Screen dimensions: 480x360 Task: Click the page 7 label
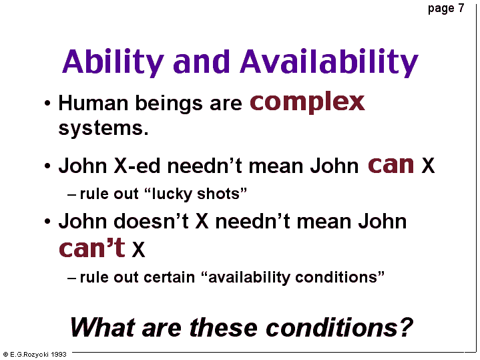(446, 9)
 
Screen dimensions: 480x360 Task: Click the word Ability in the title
(113, 63)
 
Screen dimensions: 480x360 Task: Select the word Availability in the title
(329, 63)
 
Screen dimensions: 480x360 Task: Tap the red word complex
(307, 103)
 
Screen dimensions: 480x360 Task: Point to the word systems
(103, 129)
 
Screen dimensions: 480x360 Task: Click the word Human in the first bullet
(93, 103)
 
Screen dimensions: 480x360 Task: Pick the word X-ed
(137, 166)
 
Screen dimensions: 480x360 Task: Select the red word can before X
(391, 165)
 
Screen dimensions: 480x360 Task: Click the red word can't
(92, 248)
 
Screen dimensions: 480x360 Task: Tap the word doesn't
(151, 221)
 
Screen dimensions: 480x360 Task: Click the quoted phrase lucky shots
(196, 194)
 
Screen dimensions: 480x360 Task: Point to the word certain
(169, 277)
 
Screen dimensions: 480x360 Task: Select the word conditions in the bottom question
(332, 327)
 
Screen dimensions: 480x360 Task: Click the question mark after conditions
(406, 327)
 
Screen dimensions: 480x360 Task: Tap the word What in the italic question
(103, 327)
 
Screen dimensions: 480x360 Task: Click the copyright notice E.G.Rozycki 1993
(35, 355)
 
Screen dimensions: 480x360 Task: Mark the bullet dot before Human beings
(47, 104)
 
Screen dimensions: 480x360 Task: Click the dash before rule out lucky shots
(71, 195)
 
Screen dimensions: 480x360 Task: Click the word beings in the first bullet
(169, 104)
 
